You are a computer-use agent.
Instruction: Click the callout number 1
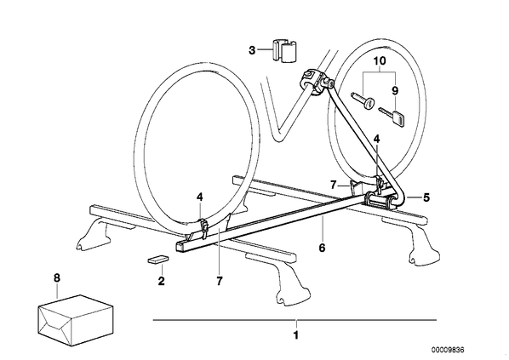(295, 335)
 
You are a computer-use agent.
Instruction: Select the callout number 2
(162, 281)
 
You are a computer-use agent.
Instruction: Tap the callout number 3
(252, 51)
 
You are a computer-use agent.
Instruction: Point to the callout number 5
(426, 197)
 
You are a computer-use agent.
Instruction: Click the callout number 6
(322, 248)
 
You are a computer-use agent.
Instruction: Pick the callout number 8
(57, 277)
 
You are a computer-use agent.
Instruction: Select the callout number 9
(395, 90)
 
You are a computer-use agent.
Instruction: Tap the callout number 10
(379, 60)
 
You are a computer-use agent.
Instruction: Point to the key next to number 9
(392, 117)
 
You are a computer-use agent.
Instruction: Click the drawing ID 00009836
(448, 350)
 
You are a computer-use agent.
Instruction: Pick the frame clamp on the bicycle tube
(317, 81)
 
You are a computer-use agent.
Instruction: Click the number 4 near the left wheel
(199, 197)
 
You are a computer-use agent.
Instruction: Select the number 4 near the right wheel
(376, 139)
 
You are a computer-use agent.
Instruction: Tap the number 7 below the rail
(220, 281)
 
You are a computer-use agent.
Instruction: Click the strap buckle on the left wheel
(203, 227)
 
